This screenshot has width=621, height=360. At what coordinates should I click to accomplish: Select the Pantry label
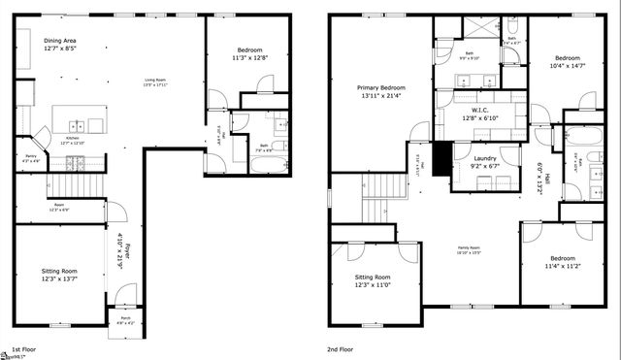pyautogui.click(x=30, y=154)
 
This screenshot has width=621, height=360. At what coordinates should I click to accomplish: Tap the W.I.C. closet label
pyautogui.click(x=478, y=110)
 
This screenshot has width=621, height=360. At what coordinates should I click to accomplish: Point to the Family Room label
pyautogui.click(x=471, y=248)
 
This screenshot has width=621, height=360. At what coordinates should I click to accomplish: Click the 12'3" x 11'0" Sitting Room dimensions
pyautogui.click(x=373, y=284)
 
